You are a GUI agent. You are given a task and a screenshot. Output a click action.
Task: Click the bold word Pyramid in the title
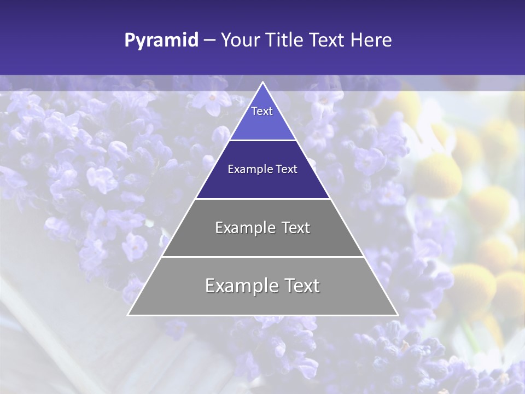click(x=161, y=40)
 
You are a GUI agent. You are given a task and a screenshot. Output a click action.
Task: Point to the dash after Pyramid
click(x=209, y=40)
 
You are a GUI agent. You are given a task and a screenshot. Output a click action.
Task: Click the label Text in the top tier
click(x=262, y=111)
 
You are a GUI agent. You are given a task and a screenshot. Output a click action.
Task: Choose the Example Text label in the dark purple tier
click(x=262, y=169)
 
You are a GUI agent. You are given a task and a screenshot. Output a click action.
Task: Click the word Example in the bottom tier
click(x=241, y=286)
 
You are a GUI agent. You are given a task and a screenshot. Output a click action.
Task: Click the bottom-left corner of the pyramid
click(x=129, y=315)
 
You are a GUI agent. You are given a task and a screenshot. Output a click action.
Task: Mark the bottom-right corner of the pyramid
click(x=397, y=315)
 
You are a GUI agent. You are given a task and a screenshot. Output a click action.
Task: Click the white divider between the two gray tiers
click(x=262, y=257)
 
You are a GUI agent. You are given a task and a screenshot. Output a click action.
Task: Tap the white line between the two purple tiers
click(x=262, y=140)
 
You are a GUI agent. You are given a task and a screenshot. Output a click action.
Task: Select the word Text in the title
click(x=326, y=40)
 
